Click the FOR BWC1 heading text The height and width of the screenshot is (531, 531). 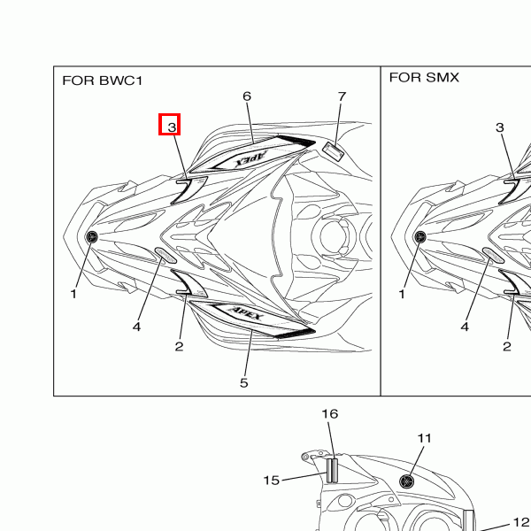[103, 81]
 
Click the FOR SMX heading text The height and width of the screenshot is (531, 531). [424, 78]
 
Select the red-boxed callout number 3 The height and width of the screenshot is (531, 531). [172, 127]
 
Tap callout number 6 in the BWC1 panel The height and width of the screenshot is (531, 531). [247, 96]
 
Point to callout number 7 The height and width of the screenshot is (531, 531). [342, 96]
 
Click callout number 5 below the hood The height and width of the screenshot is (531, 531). [244, 383]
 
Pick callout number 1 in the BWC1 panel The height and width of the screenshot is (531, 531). [73, 294]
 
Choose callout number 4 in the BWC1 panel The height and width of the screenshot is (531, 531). [136, 327]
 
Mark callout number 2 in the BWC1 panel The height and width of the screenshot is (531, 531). [179, 346]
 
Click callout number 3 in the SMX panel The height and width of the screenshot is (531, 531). [499, 127]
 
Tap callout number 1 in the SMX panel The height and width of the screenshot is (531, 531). [402, 294]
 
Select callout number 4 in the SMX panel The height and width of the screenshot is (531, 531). [465, 327]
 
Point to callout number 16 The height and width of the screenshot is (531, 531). [330, 414]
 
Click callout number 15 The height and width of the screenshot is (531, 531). [272, 481]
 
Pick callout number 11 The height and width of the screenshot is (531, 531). [424, 439]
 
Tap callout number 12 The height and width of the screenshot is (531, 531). [521, 522]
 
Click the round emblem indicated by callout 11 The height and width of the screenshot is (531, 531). [407, 481]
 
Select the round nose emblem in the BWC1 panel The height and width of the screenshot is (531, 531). [91, 236]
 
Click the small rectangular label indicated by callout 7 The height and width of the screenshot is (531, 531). [333, 151]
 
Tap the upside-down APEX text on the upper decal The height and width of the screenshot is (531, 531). [251, 159]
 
